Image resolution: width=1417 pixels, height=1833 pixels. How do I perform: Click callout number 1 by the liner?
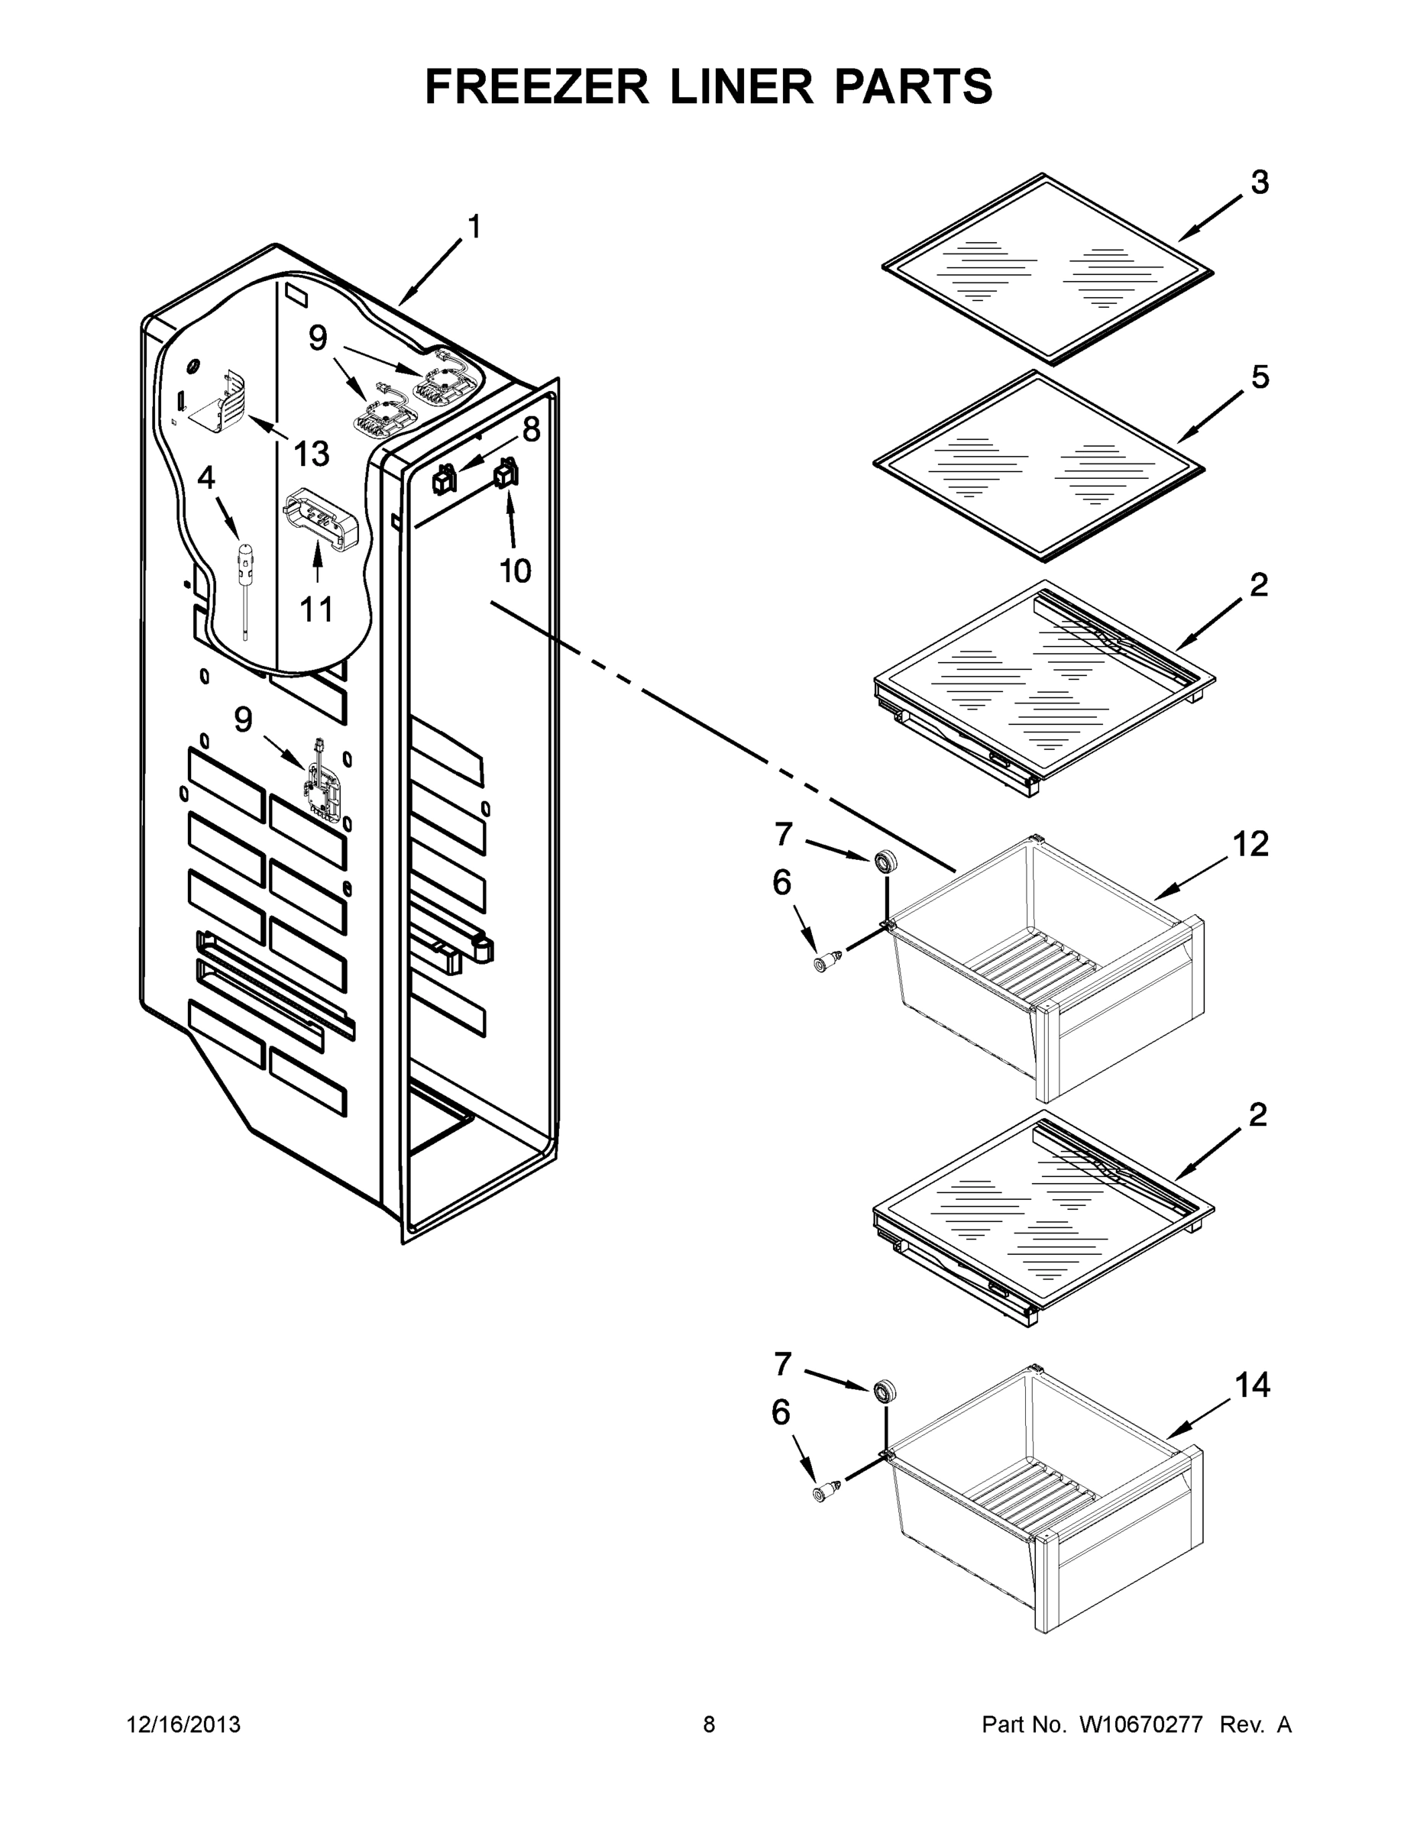[474, 227]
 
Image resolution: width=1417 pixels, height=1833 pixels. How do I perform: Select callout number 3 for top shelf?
[1260, 182]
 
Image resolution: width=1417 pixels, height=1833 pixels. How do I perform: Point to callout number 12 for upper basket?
[1250, 844]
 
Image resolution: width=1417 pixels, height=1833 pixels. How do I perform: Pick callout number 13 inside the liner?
[312, 454]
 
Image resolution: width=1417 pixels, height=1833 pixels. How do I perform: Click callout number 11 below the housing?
[316, 609]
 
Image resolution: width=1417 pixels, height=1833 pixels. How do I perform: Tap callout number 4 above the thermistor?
[206, 477]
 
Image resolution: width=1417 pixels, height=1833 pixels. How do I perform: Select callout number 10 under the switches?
[515, 571]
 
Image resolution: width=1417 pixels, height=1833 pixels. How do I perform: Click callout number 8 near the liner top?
[531, 430]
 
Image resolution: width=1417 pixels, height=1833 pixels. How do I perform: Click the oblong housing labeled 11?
[322, 520]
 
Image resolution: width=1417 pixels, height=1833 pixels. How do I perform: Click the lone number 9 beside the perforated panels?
[243, 719]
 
